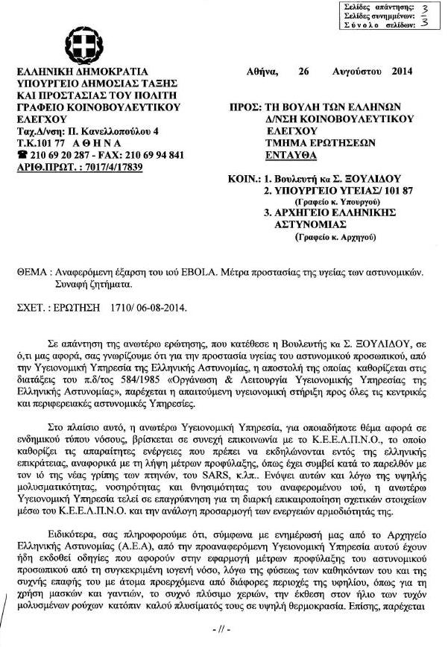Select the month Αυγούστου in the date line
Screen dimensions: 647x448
(x=358, y=72)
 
